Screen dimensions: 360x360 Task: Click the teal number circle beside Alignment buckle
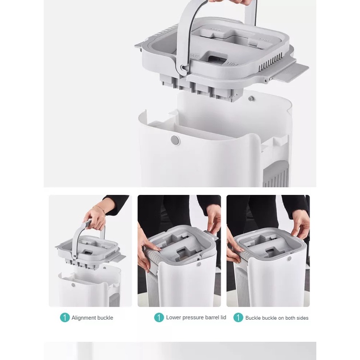[65, 318]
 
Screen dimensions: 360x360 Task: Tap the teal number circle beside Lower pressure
[159, 318]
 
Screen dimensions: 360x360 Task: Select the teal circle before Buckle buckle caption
[238, 318]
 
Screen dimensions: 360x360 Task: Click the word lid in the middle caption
[223, 317]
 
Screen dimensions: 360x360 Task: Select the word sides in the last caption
[302, 318]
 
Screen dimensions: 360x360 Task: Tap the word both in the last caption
[290, 318]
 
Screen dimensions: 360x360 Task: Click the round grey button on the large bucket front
[175, 140]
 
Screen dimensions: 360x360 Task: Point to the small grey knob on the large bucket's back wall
[251, 99]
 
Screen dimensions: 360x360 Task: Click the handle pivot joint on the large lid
[183, 68]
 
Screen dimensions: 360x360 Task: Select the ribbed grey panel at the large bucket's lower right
[276, 174]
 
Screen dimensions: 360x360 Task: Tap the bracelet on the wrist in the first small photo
[99, 208]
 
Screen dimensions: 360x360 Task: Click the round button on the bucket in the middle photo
[199, 264]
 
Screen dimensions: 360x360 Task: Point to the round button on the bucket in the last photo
[289, 259]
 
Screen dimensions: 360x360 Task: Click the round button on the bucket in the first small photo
[73, 285]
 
